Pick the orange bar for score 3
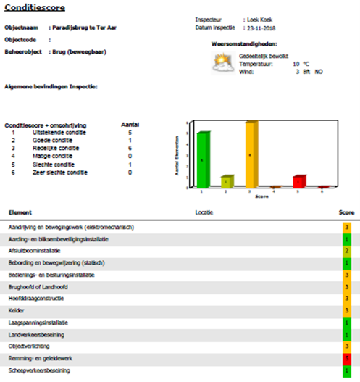point(251,154)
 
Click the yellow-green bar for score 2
point(227,180)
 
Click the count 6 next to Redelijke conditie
point(130,148)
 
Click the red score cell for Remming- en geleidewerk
point(347,358)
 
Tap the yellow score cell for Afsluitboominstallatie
point(347,251)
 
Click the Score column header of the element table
point(346,212)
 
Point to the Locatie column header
point(205,212)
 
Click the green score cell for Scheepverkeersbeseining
point(347,370)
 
